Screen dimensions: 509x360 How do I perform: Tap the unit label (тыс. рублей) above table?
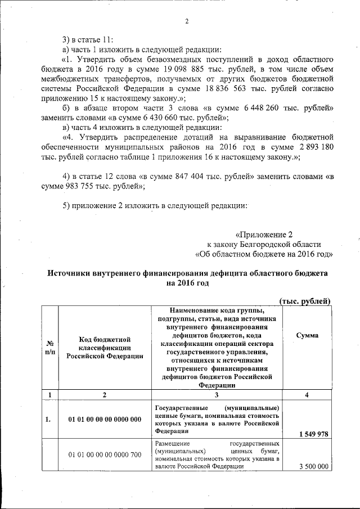click(305, 301)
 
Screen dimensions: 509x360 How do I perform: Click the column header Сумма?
click(306, 335)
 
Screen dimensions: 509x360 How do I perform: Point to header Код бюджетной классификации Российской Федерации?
click(105, 347)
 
